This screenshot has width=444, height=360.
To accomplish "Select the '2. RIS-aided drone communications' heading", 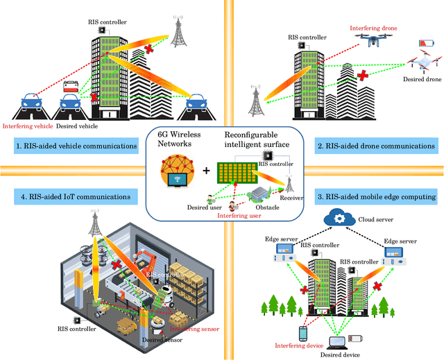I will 375,146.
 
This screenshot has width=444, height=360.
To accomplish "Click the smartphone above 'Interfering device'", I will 302,334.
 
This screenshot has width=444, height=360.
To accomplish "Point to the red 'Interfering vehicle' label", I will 28,126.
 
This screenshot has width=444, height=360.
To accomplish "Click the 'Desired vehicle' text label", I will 76,126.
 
